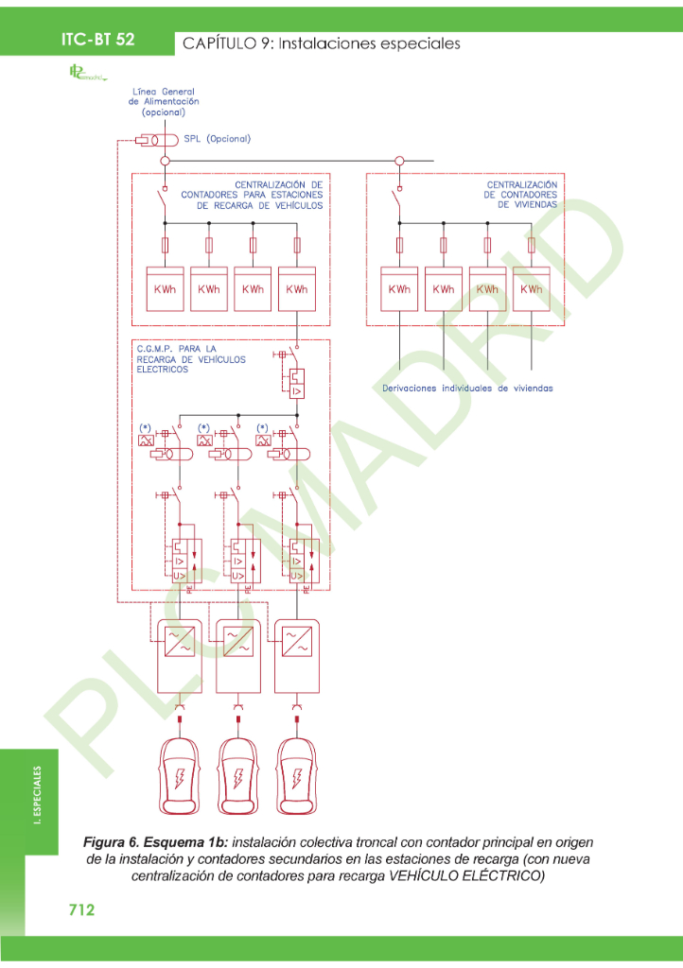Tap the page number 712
point(81,909)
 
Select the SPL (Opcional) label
point(217,138)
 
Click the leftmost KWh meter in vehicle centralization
point(165,289)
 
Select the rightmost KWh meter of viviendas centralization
point(532,289)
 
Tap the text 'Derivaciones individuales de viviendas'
point(467,388)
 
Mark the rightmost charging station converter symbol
point(297,642)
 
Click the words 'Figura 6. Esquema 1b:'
point(155,840)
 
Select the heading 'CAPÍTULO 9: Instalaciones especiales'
point(321,43)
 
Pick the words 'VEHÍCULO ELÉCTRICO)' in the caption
point(468,875)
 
